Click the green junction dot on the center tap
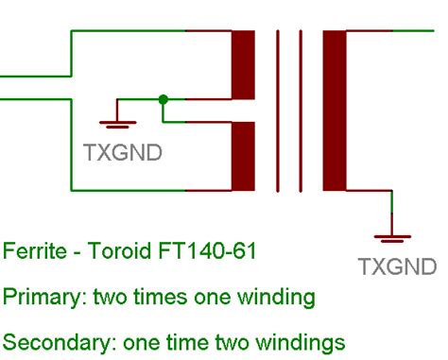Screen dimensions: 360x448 coord(164,98)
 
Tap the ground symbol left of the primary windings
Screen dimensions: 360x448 coord(115,122)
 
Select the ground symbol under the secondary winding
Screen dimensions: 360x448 coord(390,237)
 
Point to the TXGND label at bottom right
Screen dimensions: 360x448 coord(397,267)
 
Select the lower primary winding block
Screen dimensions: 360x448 coord(244,157)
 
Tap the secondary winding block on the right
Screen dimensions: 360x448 coord(335,111)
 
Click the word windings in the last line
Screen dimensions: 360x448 coord(302,341)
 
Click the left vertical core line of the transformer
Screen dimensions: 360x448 coord(279,111)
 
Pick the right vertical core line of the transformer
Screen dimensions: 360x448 coord(302,111)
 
